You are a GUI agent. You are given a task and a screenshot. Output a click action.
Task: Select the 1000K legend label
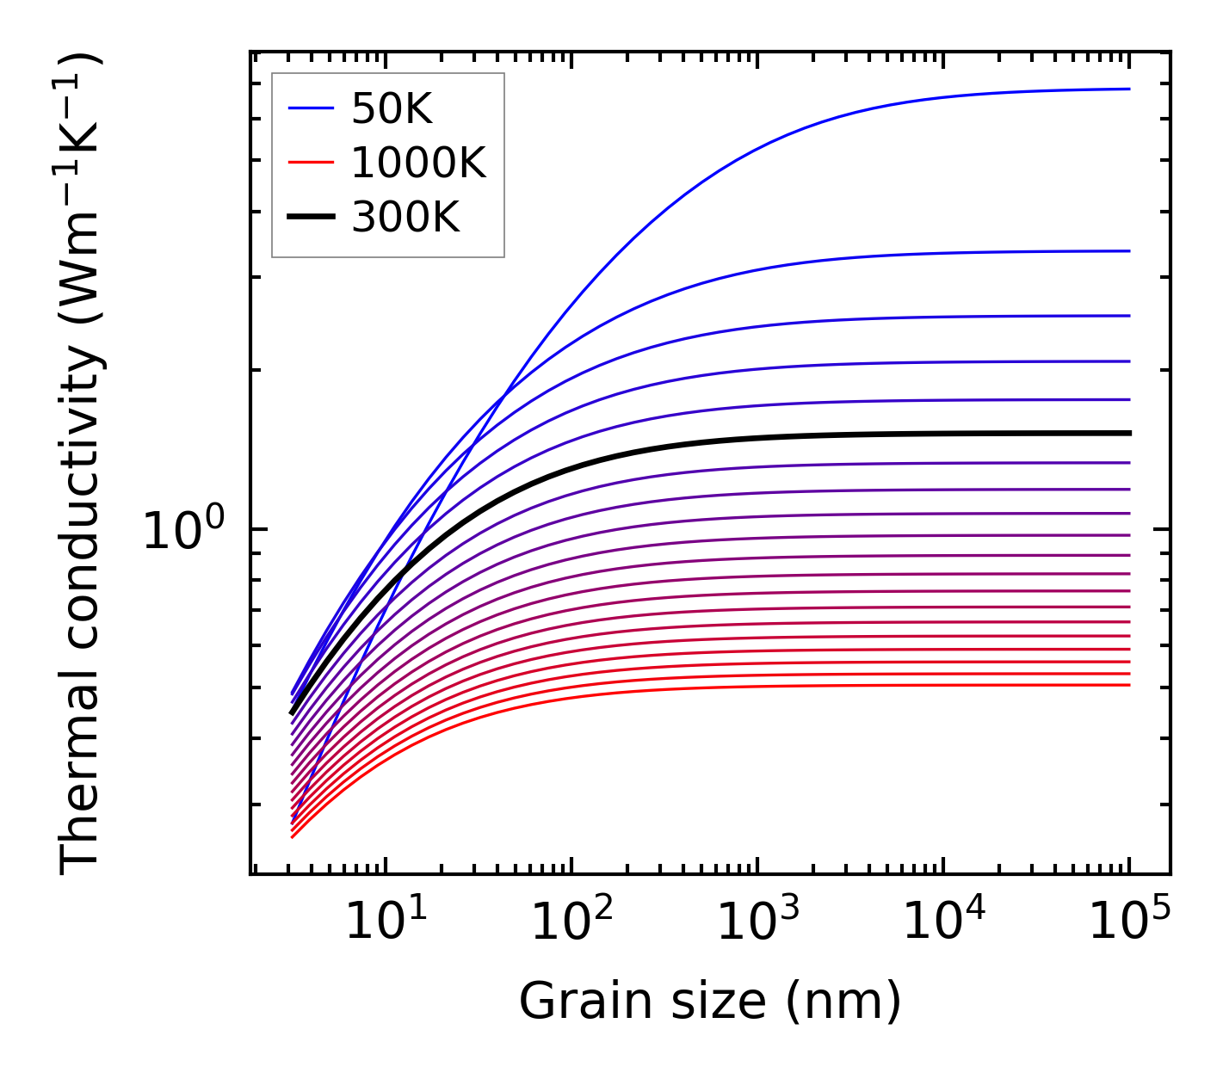click(x=418, y=163)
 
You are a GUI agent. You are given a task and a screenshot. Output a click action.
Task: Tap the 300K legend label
click(x=405, y=218)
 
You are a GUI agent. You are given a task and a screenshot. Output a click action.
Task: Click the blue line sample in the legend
click(x=311, y=108)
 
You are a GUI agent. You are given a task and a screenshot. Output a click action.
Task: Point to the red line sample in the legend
click(x=311, y=163)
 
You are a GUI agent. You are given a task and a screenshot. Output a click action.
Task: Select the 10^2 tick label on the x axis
click(x=572, y=922)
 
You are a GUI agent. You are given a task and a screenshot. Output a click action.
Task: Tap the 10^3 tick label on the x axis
click(x=758, y=922)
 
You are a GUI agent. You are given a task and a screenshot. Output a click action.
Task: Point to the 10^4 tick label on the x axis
click(x=944, y=922)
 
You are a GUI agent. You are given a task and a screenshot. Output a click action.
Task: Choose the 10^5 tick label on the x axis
click(x=1130, y=922)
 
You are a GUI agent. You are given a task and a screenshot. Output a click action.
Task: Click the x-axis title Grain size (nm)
click(x=710, y=1001)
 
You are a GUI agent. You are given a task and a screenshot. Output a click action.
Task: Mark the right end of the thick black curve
click(x=1129, y=433)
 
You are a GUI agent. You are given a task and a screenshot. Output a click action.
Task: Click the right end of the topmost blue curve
click(x=1129, y=89)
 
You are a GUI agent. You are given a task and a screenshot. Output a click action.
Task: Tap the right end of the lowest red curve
click(x=1129, y=685)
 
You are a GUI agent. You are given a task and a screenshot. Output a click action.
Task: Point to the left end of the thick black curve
click(x=292, y=712)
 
